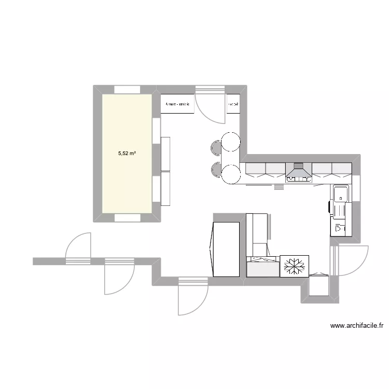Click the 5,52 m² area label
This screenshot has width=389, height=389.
[x=127, y=153]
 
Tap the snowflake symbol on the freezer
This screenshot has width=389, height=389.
[x=294, y=266]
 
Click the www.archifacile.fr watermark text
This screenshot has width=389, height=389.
[x=356, y=326]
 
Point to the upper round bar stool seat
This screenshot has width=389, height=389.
[x=230, y=142]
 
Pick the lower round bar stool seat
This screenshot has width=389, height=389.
[x=230, y=173]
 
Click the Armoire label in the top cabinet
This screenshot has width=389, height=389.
[x=177, y=104]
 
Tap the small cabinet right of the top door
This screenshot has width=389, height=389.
[x=233, y=104]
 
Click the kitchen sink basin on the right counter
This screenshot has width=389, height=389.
[x=341, y=195]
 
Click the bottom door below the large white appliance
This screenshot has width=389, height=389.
[x=192, y=298]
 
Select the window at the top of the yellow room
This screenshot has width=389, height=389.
[x=127, y=90]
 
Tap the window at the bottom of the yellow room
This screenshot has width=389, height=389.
[x=127, y=218]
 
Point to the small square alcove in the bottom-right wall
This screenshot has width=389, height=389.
[x=318, y=285]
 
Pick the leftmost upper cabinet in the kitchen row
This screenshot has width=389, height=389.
[x=255, y=168]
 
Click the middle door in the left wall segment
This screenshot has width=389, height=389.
[x=119, y=275]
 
